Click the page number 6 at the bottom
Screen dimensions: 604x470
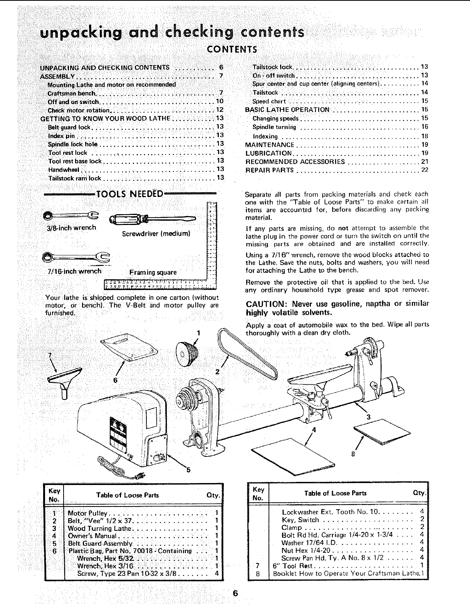pyautogui.click(x=235, y=593)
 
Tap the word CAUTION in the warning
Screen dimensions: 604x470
pyautogui.click(x=266, y=304)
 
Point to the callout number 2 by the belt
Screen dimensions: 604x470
pyautogui.click(x=217, y=372)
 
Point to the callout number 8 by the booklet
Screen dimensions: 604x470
pyautogui.click(x=353, y=453)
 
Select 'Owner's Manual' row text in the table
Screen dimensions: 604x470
pyautogui.click(x=92, y=536)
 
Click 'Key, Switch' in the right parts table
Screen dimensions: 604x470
pyautogui.click(x=300, y=520)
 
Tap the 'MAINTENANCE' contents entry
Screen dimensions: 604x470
pyautogui.click(x=270, y=145)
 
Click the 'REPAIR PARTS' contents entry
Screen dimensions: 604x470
pyautogui.click(x=270, y=170)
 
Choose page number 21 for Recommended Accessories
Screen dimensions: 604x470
pyautogui.click(x=425, y=162)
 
